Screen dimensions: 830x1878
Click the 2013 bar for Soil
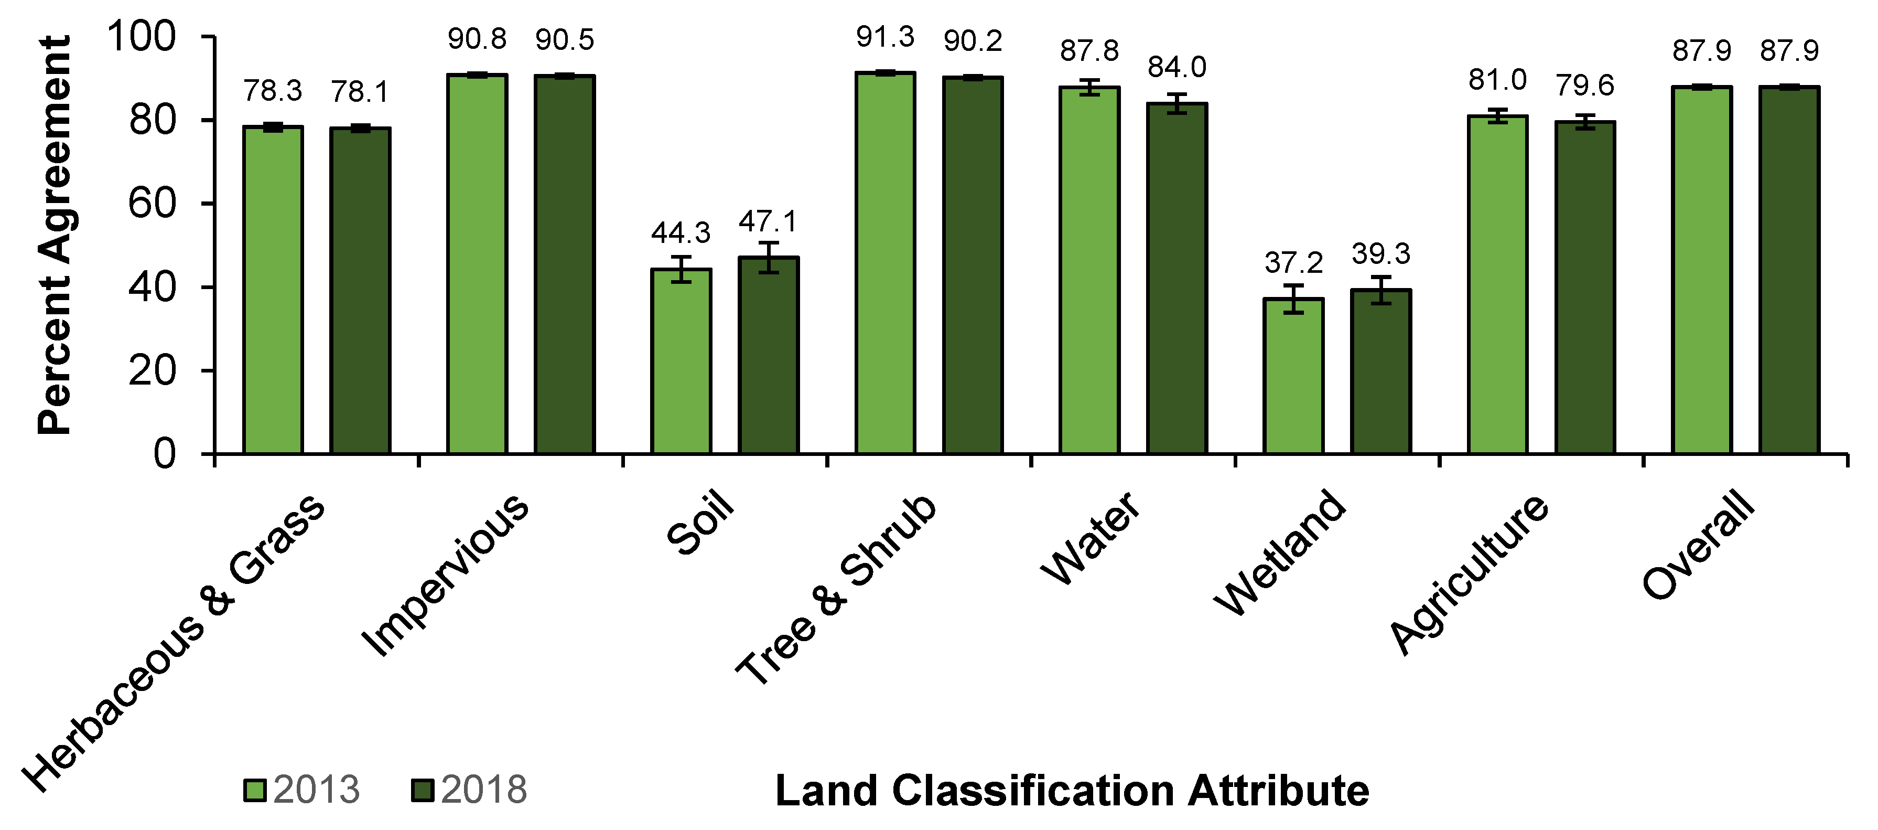click(x=681, y=361)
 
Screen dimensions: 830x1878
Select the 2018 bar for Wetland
click(x=1381, y=371)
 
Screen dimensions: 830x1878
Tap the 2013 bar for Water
click(x=1089, y=270)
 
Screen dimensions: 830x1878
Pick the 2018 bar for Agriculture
click(x=1585, y=288)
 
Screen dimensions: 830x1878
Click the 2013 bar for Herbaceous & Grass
click(x=273, y=290)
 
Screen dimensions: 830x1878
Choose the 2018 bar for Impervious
click(x=564, y=264)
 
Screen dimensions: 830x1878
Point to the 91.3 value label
click(x=885, y=37)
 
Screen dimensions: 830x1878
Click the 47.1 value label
click(x=769, y=221)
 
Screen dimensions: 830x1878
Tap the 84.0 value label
click(x=1177, y=68)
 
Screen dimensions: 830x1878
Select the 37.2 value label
click(x=1293, y=262)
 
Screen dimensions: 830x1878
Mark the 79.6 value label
click(x=1585, y=86)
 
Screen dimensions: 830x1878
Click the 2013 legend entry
click(x=303, y=790)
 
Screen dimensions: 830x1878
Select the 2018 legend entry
click(x=470, y=790)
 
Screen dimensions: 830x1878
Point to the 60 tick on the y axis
click(x=152, y=204)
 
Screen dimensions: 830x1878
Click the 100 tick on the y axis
click(x=142, y=37)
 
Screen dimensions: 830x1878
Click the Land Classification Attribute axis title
click(x=1072, y=791)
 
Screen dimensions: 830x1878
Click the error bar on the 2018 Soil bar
click(x=769, y=257)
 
